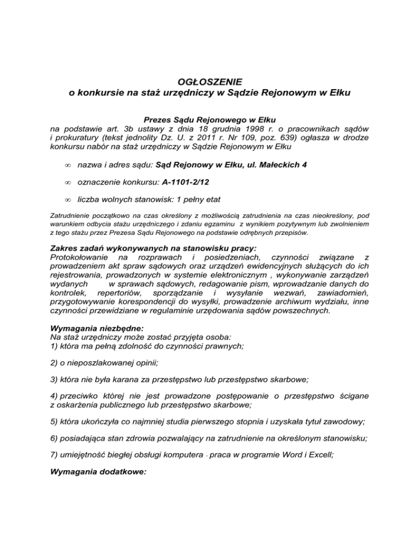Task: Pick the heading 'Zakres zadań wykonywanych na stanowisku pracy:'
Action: coord(142,247)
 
